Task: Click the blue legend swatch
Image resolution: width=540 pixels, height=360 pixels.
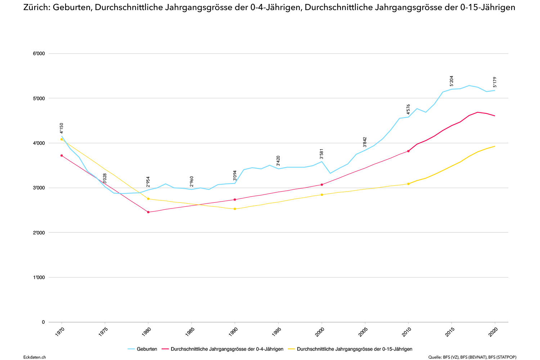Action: [131, 349]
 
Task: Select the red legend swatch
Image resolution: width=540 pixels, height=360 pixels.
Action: [165, 349]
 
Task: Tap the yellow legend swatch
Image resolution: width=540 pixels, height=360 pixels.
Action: [291, 349]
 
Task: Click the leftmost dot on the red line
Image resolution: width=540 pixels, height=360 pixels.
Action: [62, 156]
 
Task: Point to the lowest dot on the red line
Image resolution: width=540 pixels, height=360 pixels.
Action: [148, 212]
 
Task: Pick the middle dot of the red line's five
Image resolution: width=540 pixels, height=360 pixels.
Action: [235, 199]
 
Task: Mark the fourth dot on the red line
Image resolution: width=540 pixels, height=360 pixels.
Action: [322, 185]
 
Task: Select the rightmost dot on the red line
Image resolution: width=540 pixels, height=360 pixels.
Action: [408, 151]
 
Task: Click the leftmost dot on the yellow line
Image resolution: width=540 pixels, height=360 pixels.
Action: [62, 139]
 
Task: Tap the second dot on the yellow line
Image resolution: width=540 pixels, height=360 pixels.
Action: [148, 199]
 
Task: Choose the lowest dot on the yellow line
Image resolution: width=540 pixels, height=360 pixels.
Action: [235, 209]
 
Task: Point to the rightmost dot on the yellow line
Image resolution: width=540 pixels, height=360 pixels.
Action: [408, 184]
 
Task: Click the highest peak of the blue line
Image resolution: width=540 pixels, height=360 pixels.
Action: [469, 85]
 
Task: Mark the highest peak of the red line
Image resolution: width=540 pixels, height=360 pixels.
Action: [478, 112]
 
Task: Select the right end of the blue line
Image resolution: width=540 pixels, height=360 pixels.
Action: [495, 90]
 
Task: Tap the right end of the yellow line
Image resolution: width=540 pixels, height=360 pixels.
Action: [495, 146]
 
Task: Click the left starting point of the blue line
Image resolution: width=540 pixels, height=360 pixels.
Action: [62, 136]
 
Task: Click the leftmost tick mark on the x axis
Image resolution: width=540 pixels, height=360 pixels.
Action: [62, 323]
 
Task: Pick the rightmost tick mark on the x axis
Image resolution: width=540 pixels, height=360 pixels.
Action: [495, 323]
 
